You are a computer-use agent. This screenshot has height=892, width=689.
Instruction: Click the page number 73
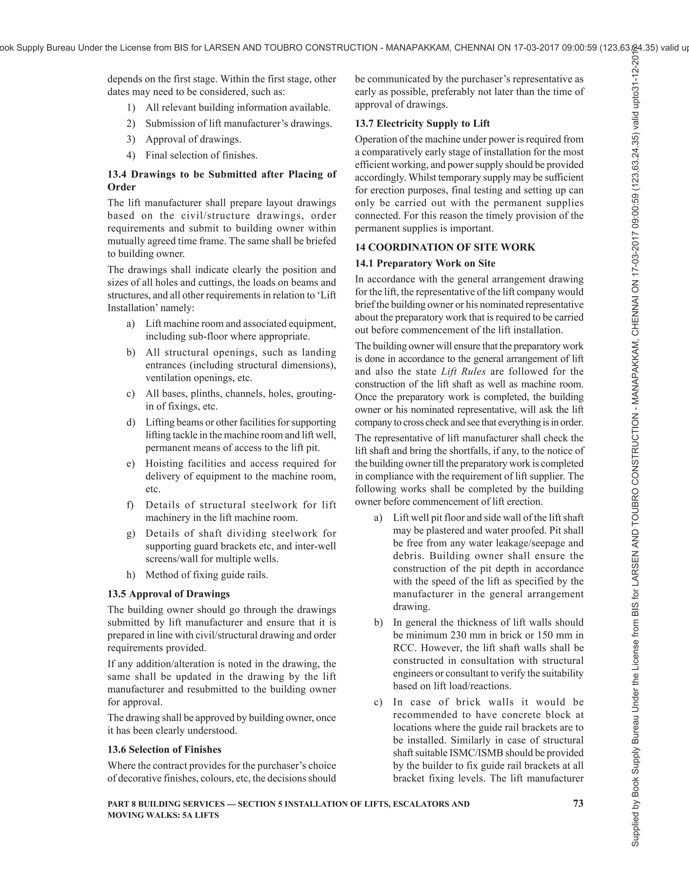tap(578, 803)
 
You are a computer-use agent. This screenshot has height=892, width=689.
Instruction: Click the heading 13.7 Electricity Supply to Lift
tap(422, 123)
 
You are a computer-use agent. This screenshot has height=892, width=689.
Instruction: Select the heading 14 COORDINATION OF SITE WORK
tap(444, 247)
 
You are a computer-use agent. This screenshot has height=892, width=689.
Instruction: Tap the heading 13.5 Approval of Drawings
tap(169, 593)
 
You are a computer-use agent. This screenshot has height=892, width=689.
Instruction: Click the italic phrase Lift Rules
tap(463, 371)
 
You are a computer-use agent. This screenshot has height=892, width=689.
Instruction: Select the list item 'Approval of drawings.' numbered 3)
tap(193, 139)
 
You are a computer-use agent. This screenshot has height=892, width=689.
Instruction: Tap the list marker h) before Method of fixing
tap(130, 575)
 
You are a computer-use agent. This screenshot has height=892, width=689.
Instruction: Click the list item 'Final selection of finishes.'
tap(201, 155)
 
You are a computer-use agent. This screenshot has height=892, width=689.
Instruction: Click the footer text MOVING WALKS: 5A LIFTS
tap(163, 815)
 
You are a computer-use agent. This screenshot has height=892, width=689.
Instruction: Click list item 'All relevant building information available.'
tap(238, 107)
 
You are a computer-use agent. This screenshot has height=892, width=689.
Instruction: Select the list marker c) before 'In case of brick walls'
tap(378, 702)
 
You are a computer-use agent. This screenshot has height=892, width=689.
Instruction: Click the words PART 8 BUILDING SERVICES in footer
tap(166, 804)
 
